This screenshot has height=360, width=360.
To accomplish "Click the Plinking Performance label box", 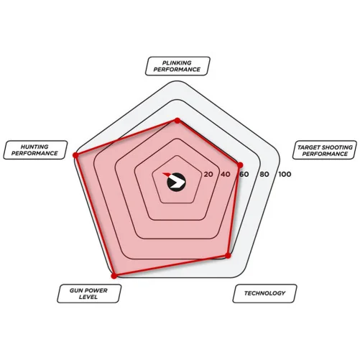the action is click(x=177, y=66).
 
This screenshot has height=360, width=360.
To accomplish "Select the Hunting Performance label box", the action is click(x=35, y=150).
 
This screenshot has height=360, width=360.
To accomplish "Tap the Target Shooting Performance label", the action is click(x=325, y=150).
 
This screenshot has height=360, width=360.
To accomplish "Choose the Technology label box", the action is click(x=264, y=293).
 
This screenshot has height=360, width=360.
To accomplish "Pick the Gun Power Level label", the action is click(x=89, y=294).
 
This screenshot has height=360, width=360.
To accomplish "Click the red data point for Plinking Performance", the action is click(x=177, y=121).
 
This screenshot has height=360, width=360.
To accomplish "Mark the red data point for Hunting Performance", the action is click(x=76, y=155).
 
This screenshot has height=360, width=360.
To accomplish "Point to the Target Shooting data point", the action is click(x=240, y=165).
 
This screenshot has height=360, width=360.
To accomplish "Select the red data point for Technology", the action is click(x=228, y=256).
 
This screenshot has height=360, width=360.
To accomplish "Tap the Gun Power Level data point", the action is click(x=114, y=276).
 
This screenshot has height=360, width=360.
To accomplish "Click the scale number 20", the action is click(x=208, y=175).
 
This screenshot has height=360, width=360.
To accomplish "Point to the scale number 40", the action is click(x=225, y=175).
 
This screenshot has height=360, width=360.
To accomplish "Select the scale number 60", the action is click(x=244, y=175).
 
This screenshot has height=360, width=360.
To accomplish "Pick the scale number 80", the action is click(x=264, y=175).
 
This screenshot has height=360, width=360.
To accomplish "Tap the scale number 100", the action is click(x=285, y=175).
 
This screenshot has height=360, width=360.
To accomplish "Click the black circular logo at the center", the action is click(x=176, y=182).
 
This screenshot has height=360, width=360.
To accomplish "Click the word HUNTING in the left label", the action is click(x=34, y=147).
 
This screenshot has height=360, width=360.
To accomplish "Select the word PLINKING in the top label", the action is click(x=177, y=63).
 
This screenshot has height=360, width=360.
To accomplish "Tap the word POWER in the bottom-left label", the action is click(x=98, y=290).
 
